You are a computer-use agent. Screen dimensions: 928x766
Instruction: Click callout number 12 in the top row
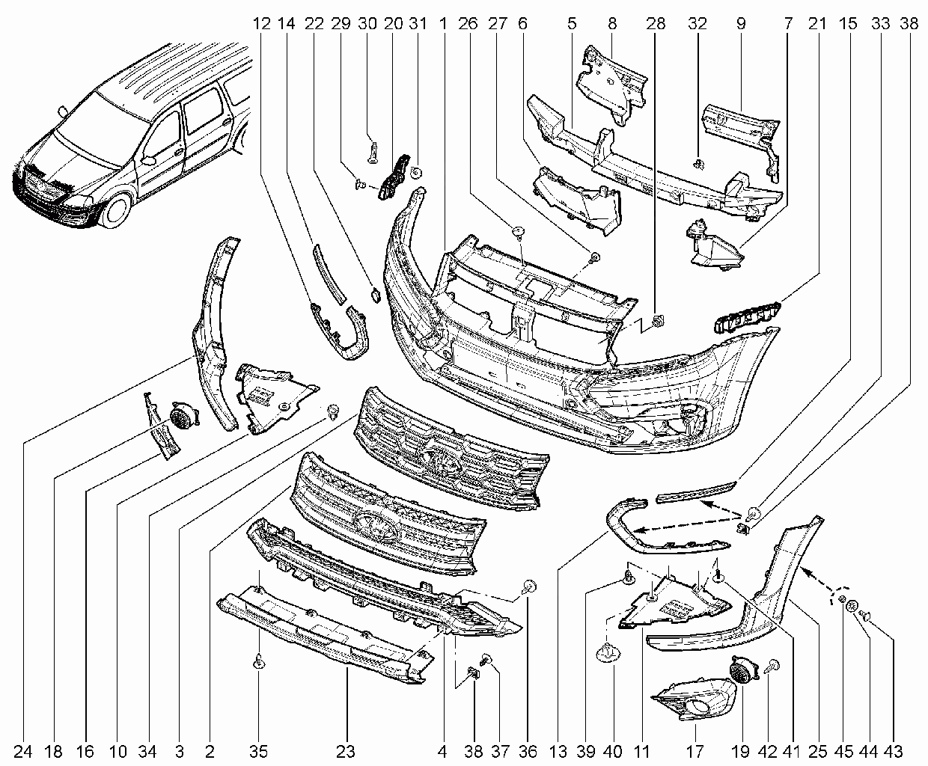click(x=261, y=23)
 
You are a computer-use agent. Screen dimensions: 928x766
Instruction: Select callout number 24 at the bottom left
click(x=22, y=752)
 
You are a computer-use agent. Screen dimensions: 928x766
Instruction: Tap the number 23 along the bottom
click(x=346, y=752)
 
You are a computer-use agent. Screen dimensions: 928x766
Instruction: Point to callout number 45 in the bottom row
click(x=843, y=752)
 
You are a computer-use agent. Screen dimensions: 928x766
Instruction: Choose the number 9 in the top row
click(x=740, y=23)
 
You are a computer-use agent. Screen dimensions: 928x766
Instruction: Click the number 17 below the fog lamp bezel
click(x=695, y=752)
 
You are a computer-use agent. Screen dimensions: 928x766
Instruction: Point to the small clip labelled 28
click(x=658, y=321)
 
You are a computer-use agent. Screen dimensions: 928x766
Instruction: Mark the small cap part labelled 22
click(x=376, y=295)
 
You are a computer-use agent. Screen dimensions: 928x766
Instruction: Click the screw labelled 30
click(x=373, y=153)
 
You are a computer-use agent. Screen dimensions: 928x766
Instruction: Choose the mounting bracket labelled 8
click(x=612, y=85)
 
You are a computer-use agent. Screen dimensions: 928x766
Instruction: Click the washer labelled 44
click(x=852, y=605)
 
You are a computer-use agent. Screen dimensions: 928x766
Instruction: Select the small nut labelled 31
click(x=415, y=172)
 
